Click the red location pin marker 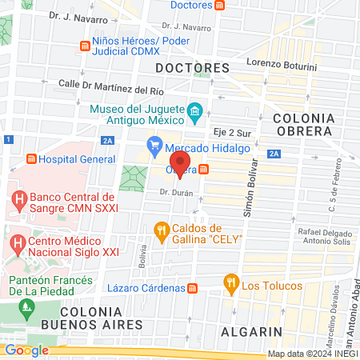click(179, 170)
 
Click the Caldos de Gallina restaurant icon click(161, 231)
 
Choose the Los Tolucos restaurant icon click(231, 282)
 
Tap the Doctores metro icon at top click(219, 5)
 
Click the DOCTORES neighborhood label click(187, 67)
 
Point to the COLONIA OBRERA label click(312, 125)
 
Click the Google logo click(26, 350)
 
